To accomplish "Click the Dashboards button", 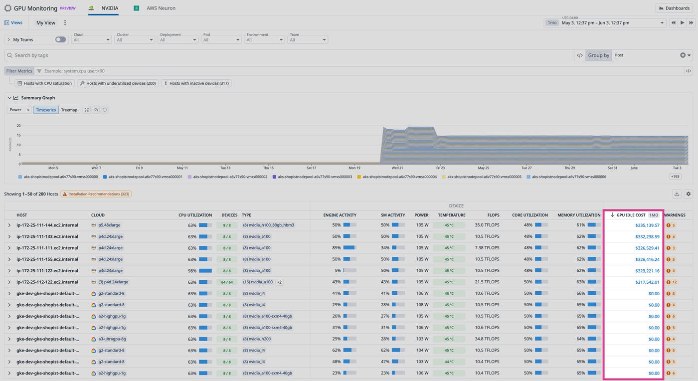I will click(x=675, y=8).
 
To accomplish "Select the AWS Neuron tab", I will click(x=161, y=8).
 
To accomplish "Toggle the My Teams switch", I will click(x=60, y=40).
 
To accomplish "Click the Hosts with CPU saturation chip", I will click(x=45, y=83).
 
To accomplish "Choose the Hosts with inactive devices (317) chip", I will click(x=196, y=83).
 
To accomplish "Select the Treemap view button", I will click(x=69, y=110).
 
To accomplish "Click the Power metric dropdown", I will click(x=19, y=110).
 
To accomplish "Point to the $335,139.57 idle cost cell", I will click(x=647, y=225).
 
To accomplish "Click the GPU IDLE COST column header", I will click(x=631, y=215).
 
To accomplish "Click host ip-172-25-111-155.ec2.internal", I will click(x=47, y=259).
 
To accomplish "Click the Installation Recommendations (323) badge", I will click(x=96, y=194).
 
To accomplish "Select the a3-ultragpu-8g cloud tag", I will click(x=112, y=339).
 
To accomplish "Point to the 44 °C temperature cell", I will click(x=449, y=362).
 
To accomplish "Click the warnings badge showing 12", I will click(x=671, y=282).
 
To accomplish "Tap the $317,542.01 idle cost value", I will click(x=647, y=282).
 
